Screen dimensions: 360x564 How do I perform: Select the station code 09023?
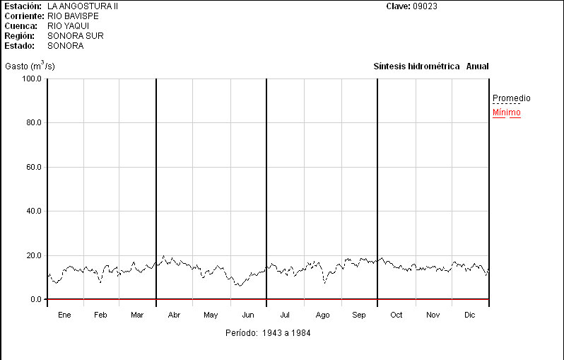(x=425, y=6)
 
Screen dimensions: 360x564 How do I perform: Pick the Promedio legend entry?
(x=511, y=98)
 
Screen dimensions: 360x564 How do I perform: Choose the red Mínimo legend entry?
(x=506, y=112)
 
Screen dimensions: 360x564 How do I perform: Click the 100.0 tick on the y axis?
(x=32, y=79)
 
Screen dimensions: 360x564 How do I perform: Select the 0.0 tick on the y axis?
(x=35, y=300)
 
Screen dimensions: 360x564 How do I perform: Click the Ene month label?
(x=64, y=315)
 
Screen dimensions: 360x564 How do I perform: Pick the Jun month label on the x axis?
(x=248, y=315)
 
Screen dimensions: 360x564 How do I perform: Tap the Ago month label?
(x=322, y=315)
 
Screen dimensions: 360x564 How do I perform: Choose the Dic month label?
(x=470, y=315)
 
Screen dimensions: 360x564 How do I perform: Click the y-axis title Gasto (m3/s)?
(x=30, y=66)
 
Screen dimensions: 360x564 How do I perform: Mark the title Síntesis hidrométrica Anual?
(x=430, y=66)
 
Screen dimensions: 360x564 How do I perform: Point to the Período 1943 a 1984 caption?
(x=268, y=332)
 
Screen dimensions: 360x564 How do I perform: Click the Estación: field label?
(x=23, y=6)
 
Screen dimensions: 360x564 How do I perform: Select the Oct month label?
(x=396, y=315)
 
